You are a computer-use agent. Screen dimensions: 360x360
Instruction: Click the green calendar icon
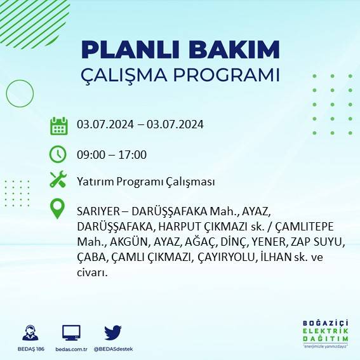point(58,125)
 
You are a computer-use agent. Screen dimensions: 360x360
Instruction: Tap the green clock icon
point(58,154)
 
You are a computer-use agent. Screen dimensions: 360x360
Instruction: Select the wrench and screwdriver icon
point(58,180)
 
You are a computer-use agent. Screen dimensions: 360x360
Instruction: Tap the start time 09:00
point(90,155)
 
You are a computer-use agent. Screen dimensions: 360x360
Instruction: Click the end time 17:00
point(134,155)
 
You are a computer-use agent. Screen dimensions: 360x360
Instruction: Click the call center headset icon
point(29,333)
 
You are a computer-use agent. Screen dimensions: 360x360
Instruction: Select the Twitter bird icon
point(113,332)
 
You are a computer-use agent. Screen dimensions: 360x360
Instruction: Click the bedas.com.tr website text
point(70,349)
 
